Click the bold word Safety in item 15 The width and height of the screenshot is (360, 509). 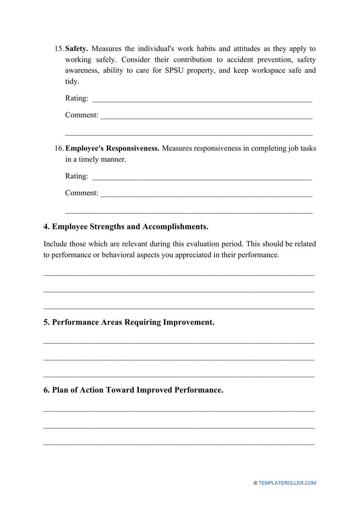click(76, 49)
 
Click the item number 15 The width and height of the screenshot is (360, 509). click(59, 49)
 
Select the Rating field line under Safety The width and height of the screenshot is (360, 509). click(202, 101)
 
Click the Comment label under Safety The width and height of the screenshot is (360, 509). click(81, 115)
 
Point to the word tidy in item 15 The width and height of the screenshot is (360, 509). click(72, 81)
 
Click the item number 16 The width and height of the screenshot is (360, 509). click(59, 149)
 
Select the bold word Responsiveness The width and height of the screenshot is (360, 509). click(133, 149)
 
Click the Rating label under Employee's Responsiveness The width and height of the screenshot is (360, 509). click(77, 176)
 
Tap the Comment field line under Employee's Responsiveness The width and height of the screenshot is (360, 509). click(206, 196)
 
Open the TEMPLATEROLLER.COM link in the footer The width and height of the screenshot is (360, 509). click(287, 483)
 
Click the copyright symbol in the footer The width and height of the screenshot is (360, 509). click(255, 483)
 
